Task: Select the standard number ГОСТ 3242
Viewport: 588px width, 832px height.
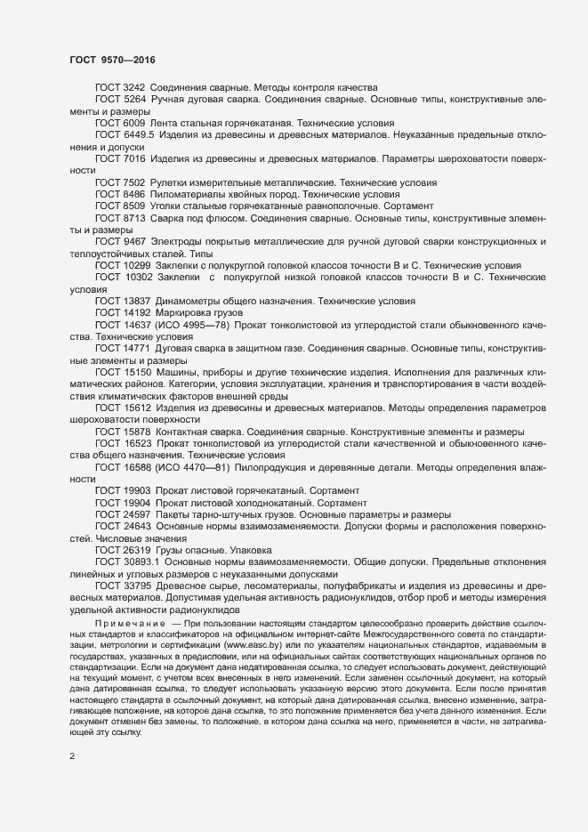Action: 119,87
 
